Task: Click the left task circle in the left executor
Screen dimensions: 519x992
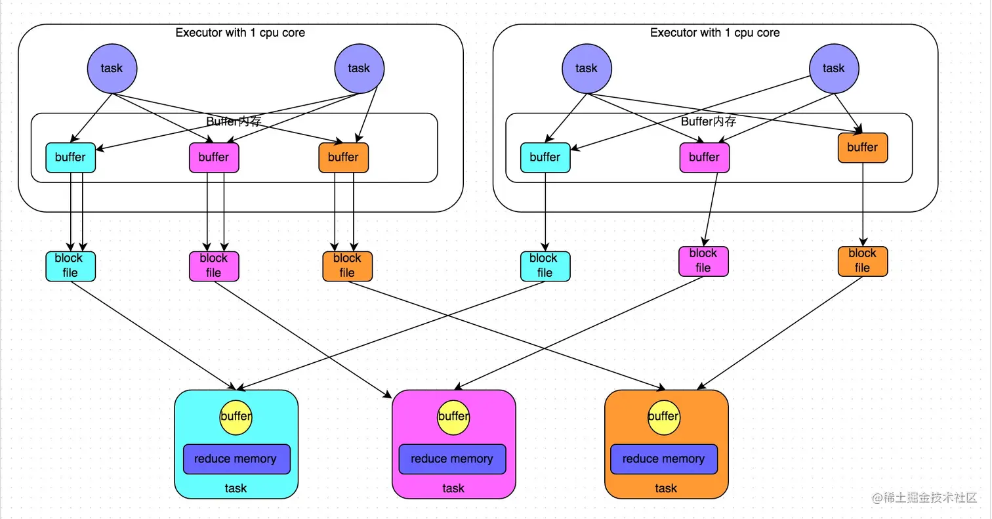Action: [x=112, y=68]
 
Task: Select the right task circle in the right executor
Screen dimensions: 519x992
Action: [x=833, y=68]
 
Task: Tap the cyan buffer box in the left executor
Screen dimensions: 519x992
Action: [x=70, y=157]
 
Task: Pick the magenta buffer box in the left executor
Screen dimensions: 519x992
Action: [x=214, y=157]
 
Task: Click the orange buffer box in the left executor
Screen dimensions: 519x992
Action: [x=343, y=157]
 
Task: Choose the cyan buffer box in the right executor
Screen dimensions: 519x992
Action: [x=545, y=157]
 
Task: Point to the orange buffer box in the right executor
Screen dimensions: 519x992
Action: [x=862, y=148]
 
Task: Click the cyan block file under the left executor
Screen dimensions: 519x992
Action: [x=70, y=266]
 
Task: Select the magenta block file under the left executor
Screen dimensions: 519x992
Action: [x=214, y=266]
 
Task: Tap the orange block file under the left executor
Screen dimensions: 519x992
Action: [x=347, y=266]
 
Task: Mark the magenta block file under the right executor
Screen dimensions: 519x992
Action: [x=703, y=260]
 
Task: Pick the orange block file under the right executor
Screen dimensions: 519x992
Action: [x=862, y=260]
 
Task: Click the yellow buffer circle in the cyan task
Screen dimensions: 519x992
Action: [x=236, y=416]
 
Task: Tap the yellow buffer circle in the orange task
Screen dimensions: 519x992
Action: [x=664, y=416]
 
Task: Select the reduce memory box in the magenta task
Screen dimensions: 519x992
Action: [x=452, y=459]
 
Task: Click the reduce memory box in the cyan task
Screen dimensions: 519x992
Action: [x=236, y=459]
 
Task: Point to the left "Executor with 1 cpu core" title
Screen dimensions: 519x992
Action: [x=240, y=32]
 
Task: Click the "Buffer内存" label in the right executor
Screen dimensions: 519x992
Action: [x=709, y=121]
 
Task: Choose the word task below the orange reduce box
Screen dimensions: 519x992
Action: [x=666, y=488]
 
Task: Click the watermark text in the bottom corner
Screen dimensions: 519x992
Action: [x=924, y=498]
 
